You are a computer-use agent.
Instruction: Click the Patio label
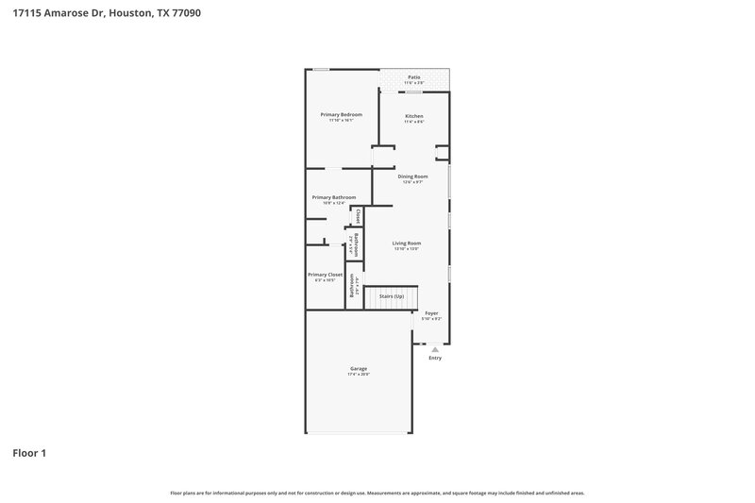pos(413,76)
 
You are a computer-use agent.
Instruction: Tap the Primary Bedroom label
pos(341,114)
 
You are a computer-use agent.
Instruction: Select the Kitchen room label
pos(414,116)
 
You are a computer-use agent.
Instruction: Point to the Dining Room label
pos(412,176)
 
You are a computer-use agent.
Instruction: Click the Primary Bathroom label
pos(334,197)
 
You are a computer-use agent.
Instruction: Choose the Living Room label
pos(407,243)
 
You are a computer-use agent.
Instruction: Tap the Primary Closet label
pos(326,275)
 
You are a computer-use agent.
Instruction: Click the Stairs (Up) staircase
pos(392,296)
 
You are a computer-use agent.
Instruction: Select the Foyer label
pos(431,312)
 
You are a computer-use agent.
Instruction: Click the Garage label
pos(358,368)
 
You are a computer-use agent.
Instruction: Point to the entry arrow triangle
pos(435,349)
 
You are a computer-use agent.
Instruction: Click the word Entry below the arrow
pos(435,359)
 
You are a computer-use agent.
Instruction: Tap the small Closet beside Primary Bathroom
pos(357,215)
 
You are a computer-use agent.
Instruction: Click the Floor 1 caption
pos(29,453)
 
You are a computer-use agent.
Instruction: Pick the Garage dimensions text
pos(358,375)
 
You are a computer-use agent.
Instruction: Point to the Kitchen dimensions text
pos(414,122)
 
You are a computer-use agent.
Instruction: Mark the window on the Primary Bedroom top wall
pos(322,68)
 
